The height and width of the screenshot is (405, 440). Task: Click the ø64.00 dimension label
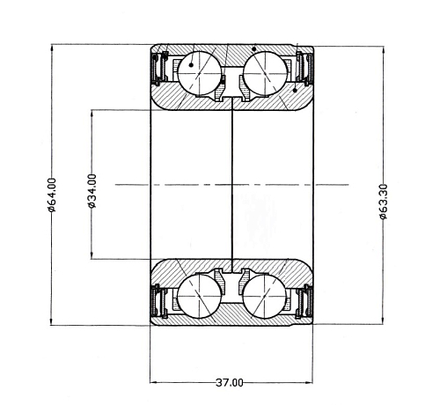(x=52, y=195)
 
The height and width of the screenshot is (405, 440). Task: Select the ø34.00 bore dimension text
(x=92, y=191)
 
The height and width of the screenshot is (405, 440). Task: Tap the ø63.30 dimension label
(x=383, y=202)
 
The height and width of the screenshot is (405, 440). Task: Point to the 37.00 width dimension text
(x=230, y=382)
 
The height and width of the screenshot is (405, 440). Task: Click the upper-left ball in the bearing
(x=199, y=73)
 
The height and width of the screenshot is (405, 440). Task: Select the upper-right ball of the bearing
(x=266, y=73)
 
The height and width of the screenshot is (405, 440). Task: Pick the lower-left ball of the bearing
(x=199, y=297)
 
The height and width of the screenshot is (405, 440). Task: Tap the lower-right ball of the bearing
(x=264, y=297)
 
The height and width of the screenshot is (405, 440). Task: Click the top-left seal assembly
(x=160, y=68)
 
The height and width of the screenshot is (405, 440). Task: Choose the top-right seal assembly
(x=304, y=68)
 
